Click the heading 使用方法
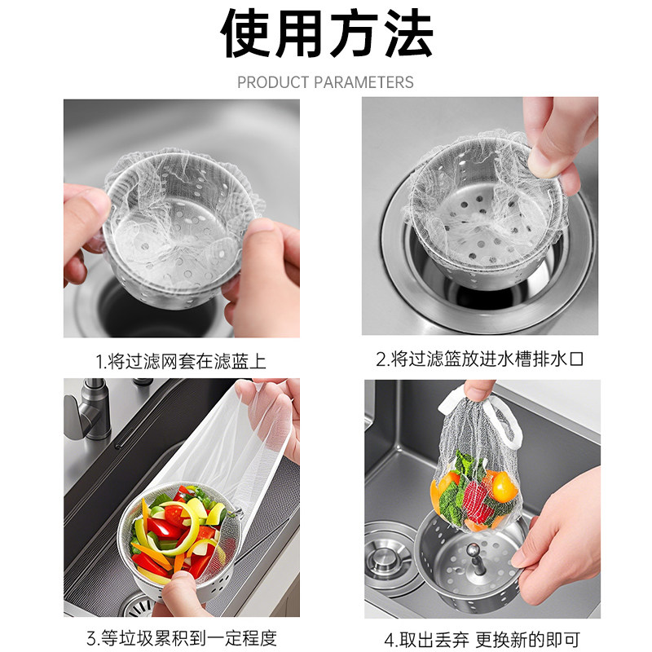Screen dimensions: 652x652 tap(326, 37)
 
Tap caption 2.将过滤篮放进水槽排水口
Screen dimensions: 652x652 tap(481, 359)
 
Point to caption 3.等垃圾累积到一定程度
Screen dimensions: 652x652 tap(181, 638)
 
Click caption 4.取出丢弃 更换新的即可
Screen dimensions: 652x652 tap(481, 638)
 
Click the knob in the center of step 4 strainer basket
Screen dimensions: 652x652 tap(470, 565)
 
